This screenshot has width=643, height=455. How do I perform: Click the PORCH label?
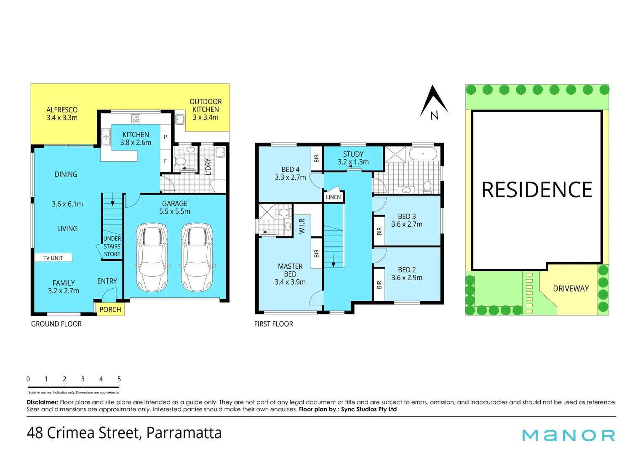tap(110, 310)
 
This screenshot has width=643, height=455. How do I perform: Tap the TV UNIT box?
tap(53, 258)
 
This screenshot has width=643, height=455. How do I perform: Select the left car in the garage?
tap(152, 258)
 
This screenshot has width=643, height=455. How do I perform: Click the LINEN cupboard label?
tap(333, 197)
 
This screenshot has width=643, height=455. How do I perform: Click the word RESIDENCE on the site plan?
tap(537, 190)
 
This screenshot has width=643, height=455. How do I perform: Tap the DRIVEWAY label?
tap(571, 289)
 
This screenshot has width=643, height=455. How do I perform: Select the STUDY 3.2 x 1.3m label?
tap(353, 158)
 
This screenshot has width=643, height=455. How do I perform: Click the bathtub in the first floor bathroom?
tap(423, 154)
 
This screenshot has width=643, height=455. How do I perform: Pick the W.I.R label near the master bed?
tap(302, 226)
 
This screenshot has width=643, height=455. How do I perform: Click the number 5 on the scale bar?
tap(119, 379)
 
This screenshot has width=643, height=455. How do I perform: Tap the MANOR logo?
tap(568, 435)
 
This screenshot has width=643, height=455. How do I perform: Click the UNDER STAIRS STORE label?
tap(112, 246)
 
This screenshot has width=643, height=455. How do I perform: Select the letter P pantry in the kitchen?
tap(165, 137)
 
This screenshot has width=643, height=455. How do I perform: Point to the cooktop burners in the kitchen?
tap(136, 118)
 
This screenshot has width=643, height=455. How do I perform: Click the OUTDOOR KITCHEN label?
tap(205, 109)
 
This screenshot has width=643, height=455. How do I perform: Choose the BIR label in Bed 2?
tap(379, 285)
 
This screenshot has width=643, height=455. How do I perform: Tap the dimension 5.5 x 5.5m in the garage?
tap(175, 211)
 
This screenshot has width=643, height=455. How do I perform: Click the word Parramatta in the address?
tap(184, 433)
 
